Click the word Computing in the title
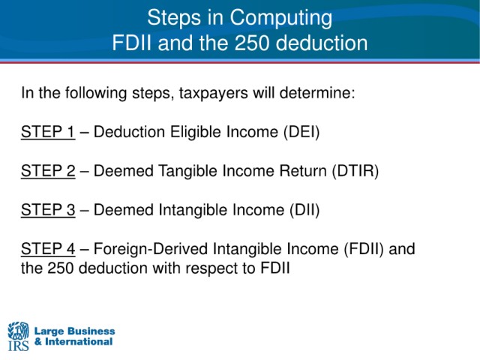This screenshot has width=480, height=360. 280,18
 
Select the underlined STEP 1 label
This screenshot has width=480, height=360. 48,132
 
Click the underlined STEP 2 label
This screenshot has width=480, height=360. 48,171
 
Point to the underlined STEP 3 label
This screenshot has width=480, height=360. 48,210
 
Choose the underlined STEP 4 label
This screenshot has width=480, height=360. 48,248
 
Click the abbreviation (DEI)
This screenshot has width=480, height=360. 301,132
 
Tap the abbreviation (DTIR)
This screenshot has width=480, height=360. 355,171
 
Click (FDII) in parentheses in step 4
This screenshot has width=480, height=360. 364,249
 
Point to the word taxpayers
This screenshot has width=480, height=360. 213,93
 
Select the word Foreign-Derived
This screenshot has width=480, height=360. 151,249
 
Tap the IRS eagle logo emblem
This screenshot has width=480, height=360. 18,331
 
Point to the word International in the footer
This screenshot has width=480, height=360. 79,342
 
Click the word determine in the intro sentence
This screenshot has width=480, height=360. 317,93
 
